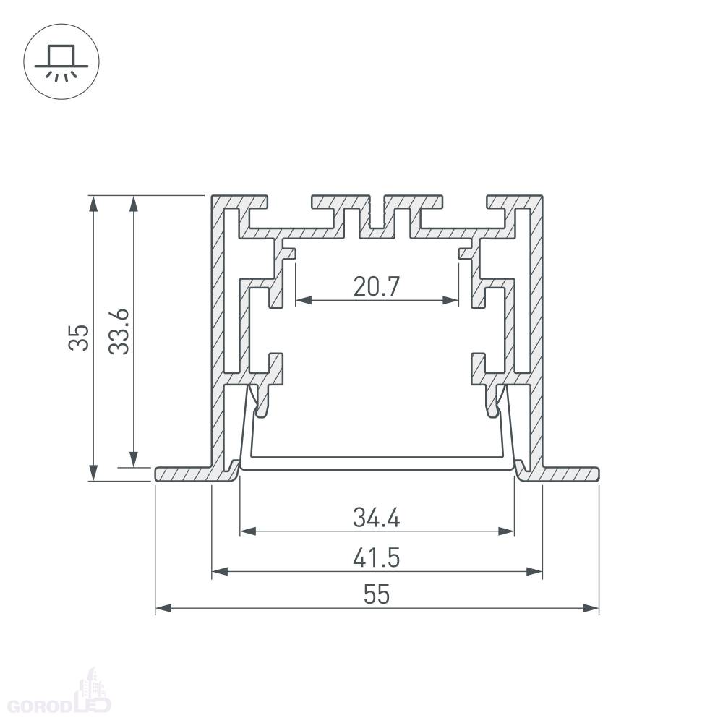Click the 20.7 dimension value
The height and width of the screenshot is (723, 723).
point(376,286)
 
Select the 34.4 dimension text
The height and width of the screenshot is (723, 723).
point(376,518)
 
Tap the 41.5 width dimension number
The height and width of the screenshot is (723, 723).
point(376,557)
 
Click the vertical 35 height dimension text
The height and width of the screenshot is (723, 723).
point(78,338)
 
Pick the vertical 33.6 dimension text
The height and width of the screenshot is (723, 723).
point(119,332)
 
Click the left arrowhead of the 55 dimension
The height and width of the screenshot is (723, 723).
point(163,608)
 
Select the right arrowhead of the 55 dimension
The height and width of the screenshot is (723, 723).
point(591,608)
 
